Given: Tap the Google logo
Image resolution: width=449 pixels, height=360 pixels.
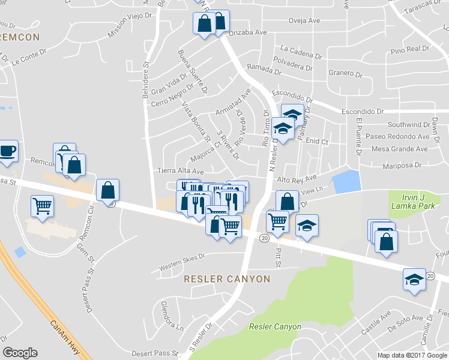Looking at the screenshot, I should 20,353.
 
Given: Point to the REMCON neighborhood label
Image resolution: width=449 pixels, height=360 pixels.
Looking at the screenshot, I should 19,37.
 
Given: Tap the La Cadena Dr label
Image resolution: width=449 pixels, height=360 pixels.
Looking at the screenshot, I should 301,52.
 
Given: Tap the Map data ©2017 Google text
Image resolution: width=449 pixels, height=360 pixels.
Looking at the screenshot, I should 412,355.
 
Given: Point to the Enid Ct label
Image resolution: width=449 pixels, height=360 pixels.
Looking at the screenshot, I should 318,142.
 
